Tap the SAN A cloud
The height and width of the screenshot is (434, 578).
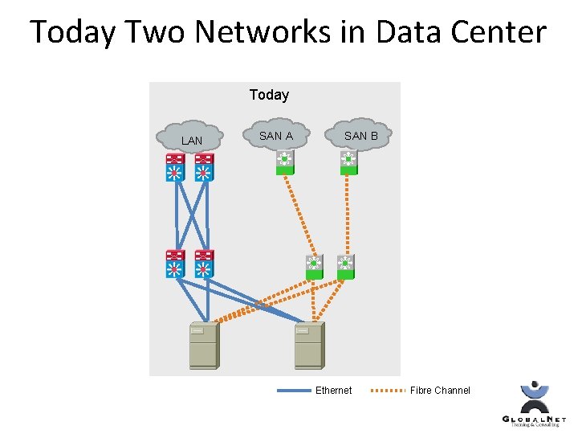point(275,135)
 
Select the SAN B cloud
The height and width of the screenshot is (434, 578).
point(360,135)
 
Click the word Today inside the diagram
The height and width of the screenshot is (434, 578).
point(269,95)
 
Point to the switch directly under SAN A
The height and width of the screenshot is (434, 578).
point(284,162)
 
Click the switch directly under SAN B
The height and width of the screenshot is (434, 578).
point(348,162)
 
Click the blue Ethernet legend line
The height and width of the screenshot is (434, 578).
point(293,391)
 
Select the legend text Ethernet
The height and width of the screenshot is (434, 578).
point(333,391)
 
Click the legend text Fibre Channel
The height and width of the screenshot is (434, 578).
point(440,391)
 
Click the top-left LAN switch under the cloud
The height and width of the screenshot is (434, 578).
point(175,167)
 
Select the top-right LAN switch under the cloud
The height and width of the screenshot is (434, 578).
point(203,167)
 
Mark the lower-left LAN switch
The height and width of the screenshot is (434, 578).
point(175,264)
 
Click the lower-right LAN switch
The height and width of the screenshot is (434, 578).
point(204,264)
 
